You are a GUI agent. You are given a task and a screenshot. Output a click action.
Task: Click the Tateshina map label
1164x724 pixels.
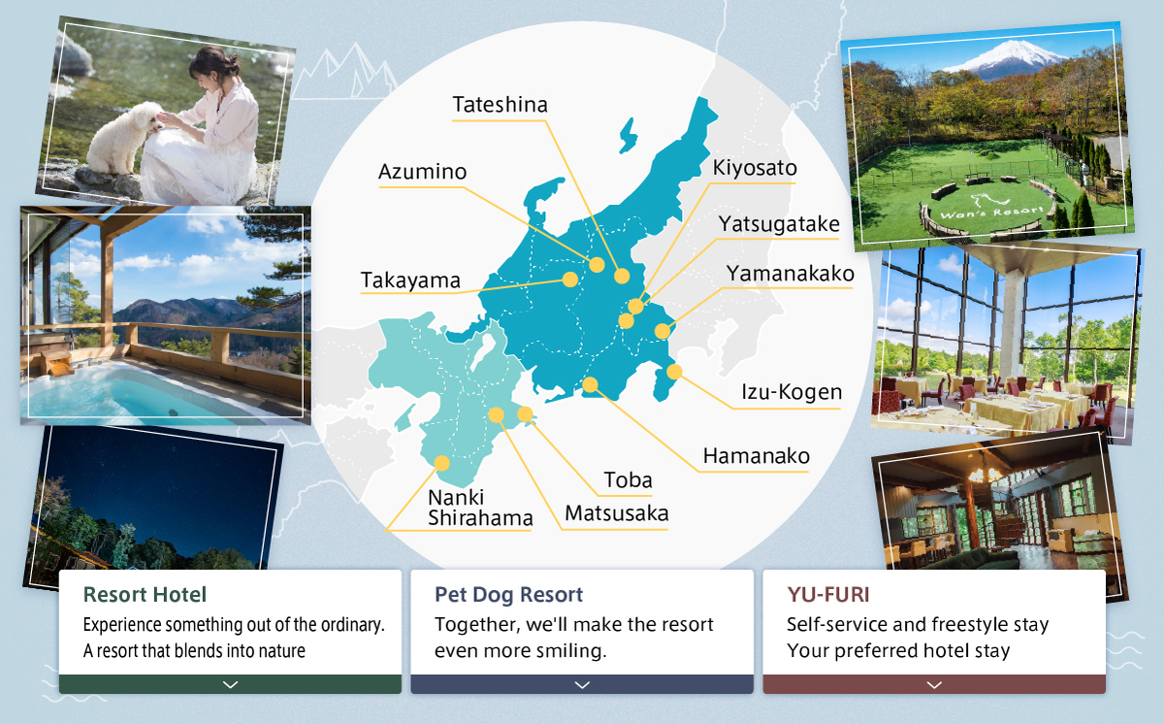click(x=500, y=105)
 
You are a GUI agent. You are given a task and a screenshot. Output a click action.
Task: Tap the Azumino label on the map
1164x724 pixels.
click(x=423, y=172)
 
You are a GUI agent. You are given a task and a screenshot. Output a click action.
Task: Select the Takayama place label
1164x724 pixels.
click(x=410, y=280)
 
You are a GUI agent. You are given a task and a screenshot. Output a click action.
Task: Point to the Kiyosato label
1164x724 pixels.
click(x=755, y=168)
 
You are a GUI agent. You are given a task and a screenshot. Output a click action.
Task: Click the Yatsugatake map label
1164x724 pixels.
click(x=779, y=224)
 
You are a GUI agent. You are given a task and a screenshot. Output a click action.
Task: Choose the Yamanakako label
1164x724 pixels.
click(x=790, y=274)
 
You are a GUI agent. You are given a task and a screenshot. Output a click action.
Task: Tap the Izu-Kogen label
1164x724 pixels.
click(x=792, y=392)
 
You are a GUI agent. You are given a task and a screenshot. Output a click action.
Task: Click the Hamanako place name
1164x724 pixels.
click(x=756, y=456)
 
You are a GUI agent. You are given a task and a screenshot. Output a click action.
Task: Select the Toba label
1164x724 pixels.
click(x=628, y=479)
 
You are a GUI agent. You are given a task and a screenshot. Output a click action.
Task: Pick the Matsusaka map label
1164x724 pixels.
click(x=617, y=513)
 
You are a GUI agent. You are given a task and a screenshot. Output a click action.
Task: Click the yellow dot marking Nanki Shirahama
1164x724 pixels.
click(x=441, y=463)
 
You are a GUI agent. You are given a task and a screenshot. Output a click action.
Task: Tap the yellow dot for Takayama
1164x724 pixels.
click(x=570, y=280)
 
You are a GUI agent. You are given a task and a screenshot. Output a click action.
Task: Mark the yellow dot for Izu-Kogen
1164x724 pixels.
click(x=674, y=372)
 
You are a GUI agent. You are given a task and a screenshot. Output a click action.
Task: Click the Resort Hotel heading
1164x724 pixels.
click(x=145, y=595)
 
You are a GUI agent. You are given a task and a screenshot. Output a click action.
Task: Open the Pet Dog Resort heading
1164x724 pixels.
click(x=508, y=595)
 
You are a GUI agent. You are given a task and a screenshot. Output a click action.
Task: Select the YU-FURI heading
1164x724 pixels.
click(x=827, y=595)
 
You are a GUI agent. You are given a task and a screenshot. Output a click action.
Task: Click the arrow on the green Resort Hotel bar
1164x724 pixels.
click(x=230, y=684)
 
